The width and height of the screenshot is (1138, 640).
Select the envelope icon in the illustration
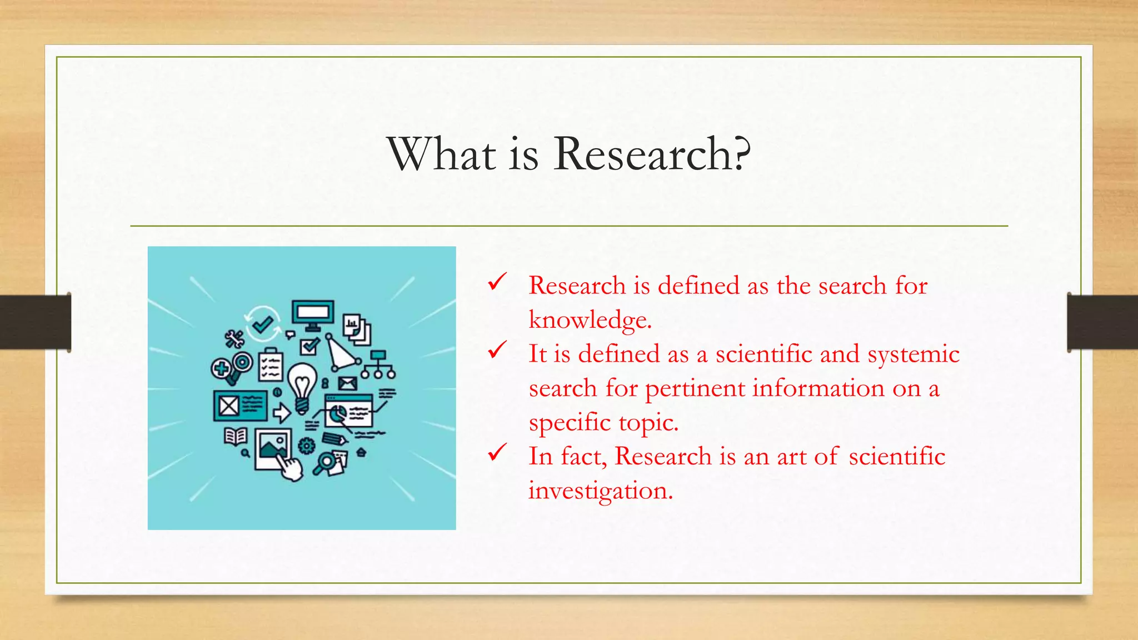347,383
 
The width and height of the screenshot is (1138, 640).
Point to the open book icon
236,436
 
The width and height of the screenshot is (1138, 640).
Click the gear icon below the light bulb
306,445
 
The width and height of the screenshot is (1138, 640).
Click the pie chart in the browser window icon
337,413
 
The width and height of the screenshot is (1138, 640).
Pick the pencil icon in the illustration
335,439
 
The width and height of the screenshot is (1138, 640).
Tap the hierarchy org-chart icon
378,364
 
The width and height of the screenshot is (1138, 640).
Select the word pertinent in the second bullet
695,388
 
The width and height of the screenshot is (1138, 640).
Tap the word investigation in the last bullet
600,491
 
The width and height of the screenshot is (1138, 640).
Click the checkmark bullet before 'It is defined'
497,350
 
